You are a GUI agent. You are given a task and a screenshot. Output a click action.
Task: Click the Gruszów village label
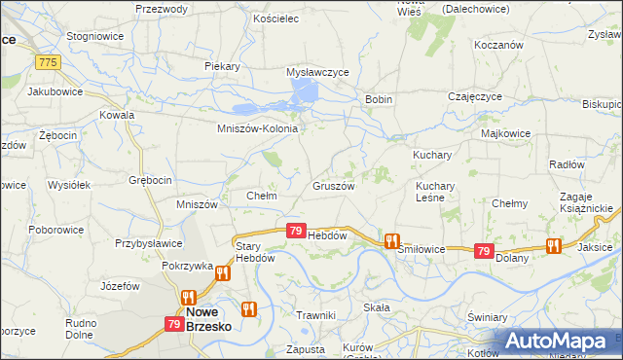point(332,185)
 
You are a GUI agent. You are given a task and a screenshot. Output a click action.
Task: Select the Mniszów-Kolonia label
point(256,127)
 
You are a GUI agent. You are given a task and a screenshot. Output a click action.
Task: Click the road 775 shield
point(46,61)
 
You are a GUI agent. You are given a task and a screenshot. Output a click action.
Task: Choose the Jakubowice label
point(55,91)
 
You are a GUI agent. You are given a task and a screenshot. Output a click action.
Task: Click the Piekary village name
point(222,65)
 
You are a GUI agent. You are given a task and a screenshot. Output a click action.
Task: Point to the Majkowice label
point(504,131)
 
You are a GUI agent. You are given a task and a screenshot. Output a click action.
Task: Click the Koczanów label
point(498,45)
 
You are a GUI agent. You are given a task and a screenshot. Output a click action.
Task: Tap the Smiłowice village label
point(421,249)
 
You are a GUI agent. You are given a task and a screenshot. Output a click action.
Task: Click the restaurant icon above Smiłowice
point(391,240)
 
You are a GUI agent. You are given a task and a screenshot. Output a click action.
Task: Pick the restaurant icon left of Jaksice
point(554,246)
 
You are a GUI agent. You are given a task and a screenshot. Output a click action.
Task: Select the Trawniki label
point(316,314)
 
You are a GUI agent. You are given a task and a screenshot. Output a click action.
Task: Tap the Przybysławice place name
point(148,244)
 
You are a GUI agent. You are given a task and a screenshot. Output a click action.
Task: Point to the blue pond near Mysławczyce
point(304,93)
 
